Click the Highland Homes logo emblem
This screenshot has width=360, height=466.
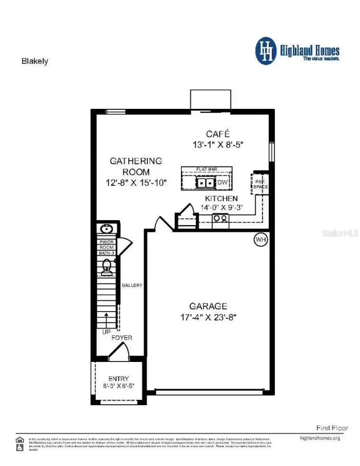pos(266,51)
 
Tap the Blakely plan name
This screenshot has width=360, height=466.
pos(34,61)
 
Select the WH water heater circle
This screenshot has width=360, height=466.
pos(261,239)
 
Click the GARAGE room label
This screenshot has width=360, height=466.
pos(208,306)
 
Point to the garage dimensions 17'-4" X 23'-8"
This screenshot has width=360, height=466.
pos(208,317)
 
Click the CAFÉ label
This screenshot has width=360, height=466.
pos(218,134)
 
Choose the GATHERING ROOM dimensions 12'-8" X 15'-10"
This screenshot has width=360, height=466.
pos(136,183)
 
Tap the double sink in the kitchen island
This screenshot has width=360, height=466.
pos(206,183)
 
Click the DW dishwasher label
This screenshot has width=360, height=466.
pos(222,183)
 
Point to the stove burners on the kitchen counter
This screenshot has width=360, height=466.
pos(220,218)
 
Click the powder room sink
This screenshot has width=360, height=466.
pos(106,229)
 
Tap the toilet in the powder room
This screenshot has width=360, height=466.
pos(106,267)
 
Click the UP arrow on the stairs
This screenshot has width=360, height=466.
pos(107,320)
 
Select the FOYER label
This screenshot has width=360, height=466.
pos(122,337)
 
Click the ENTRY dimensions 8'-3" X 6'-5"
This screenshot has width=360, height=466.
pos(119,386)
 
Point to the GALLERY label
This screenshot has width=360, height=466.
pos(132,285)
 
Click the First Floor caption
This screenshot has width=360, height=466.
pos(332,428)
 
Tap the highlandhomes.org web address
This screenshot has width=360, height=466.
pos(320,438)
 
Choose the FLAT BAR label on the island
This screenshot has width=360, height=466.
pos(206,170)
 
